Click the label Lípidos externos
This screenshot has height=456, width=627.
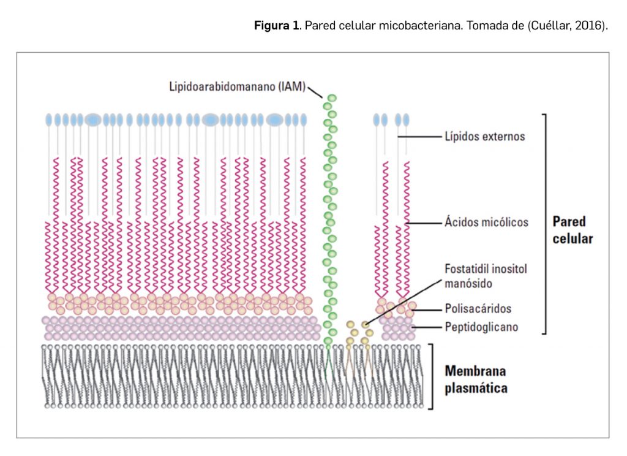[x=485, y=137]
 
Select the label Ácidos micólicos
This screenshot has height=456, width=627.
[x=486, y=222]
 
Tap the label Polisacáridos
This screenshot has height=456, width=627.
[x=478, y=308]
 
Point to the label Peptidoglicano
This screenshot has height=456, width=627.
[x=481, y=327]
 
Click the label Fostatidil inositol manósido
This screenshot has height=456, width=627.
[x=486, y=276]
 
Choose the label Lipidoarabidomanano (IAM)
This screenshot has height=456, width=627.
[x=238, y=86]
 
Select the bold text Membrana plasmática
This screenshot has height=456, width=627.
[x=476, y=379]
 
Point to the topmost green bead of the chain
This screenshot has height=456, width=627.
[x=332, y=98]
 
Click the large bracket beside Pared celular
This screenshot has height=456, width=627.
[x=544, y=224]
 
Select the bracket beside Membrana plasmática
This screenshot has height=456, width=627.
[x=432, y=376]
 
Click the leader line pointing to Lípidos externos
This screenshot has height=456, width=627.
[x=419, y=137]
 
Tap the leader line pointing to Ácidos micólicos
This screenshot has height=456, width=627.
[x=423, y=222]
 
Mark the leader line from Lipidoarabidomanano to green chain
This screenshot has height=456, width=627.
[x=315, y=92]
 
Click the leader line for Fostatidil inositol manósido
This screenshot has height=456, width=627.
[x=404, y=302]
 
